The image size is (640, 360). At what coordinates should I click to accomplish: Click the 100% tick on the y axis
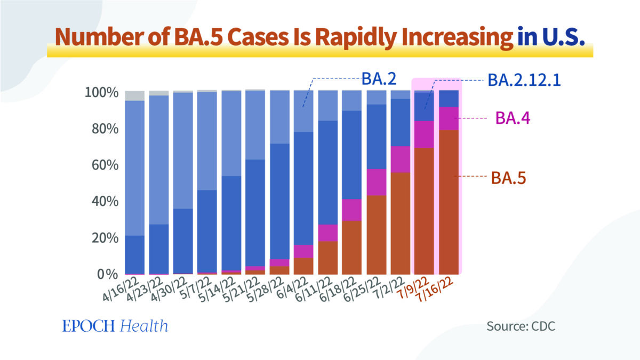[101, 93]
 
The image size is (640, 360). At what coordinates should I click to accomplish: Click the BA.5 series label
[509, 177]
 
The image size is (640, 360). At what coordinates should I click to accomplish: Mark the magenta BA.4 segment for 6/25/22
[376, 182]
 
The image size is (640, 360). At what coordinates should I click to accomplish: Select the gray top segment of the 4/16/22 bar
[134, 95]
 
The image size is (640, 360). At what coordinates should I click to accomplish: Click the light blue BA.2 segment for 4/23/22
[158, 160]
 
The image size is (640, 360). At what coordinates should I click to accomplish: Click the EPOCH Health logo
[115, 326]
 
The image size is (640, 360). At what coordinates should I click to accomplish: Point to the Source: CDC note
[521, 326]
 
